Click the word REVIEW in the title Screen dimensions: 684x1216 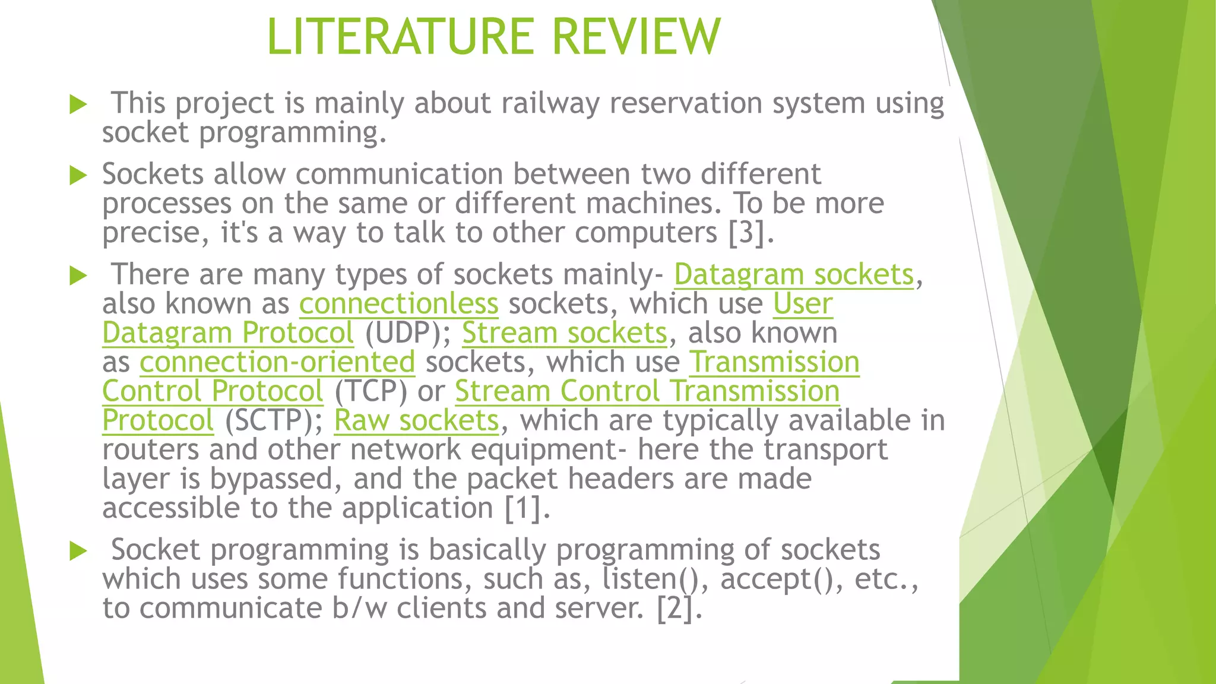tap(636, 37)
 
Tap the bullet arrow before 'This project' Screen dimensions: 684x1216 tap(78, 104)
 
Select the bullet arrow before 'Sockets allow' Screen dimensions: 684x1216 tap(78, 175)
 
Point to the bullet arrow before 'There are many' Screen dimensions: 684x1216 tap(78, 275)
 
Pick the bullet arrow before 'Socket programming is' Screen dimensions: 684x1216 tap(78, 551)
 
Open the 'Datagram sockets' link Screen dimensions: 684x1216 tap(793, 275)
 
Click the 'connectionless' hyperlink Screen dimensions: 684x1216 tap(398, 304)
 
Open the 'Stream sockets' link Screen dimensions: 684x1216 tap(564, 333)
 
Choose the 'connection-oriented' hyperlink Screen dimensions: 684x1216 tap(277, 362)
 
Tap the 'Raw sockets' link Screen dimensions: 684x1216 tap(416, 420)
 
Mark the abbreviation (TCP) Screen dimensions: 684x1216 tap(370, 391)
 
